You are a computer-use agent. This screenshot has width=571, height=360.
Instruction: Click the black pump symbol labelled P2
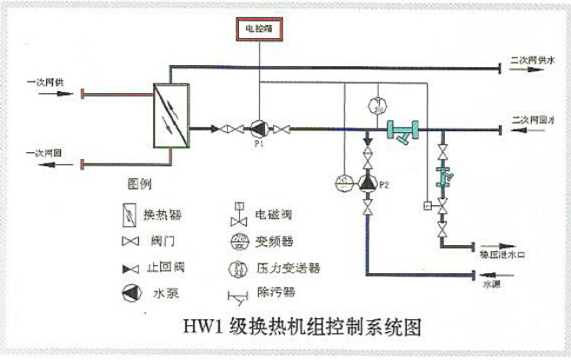coord(369,183)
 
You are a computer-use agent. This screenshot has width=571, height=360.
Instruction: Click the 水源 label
coord(493,285)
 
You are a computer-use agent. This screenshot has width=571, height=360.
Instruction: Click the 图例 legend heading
coord(140,184)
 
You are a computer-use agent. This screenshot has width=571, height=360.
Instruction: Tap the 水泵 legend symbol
coord(128,293)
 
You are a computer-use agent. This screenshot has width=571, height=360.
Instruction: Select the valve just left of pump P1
coord(232,130)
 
